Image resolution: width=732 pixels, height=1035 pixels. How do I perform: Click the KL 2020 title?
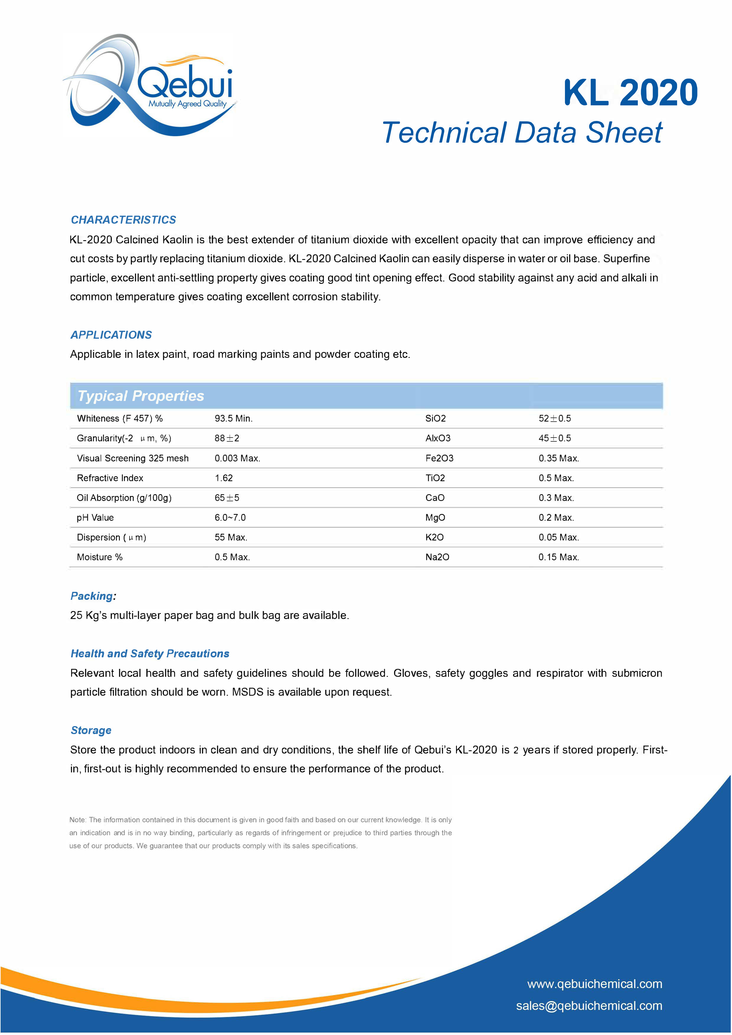(x=630, y=93)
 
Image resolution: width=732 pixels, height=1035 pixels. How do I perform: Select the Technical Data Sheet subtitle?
(x=522, y=133)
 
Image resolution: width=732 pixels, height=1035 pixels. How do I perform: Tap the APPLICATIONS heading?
(x=111, y=335)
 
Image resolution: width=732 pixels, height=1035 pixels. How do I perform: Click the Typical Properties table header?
(x=141, y=396)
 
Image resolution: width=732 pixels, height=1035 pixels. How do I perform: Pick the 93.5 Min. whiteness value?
(x=233, y=418)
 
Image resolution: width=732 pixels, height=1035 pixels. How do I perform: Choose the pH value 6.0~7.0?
(x=230, y=517)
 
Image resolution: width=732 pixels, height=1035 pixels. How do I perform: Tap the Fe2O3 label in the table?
(x=439, y=458)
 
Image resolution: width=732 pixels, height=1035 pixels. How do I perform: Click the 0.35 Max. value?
(x=558, y=458)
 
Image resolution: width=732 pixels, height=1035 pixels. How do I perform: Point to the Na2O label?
(x=437, y=557)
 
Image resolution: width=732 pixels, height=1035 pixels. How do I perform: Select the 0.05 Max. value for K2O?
(x=558, y=537)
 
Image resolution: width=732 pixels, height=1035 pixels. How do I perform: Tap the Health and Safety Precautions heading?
(x=150, y=654)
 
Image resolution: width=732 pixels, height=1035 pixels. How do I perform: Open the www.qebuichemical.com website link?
(x=594, y=984)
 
